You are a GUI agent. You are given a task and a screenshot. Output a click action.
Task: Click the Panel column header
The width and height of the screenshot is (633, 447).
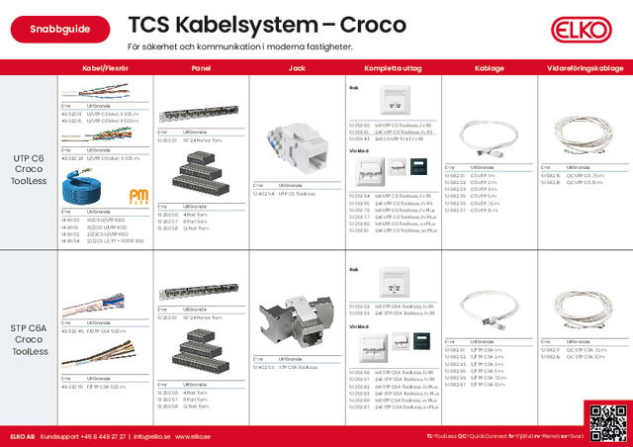tap(201, 68)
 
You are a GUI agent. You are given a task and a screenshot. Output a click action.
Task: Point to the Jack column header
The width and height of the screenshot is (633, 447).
tap(296, 68)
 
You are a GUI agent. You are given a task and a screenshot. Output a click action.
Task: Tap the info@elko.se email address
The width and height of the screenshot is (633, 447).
tap(152, 436)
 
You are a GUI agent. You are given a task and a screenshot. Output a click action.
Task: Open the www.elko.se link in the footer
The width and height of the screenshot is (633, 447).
tap(195, 436)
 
